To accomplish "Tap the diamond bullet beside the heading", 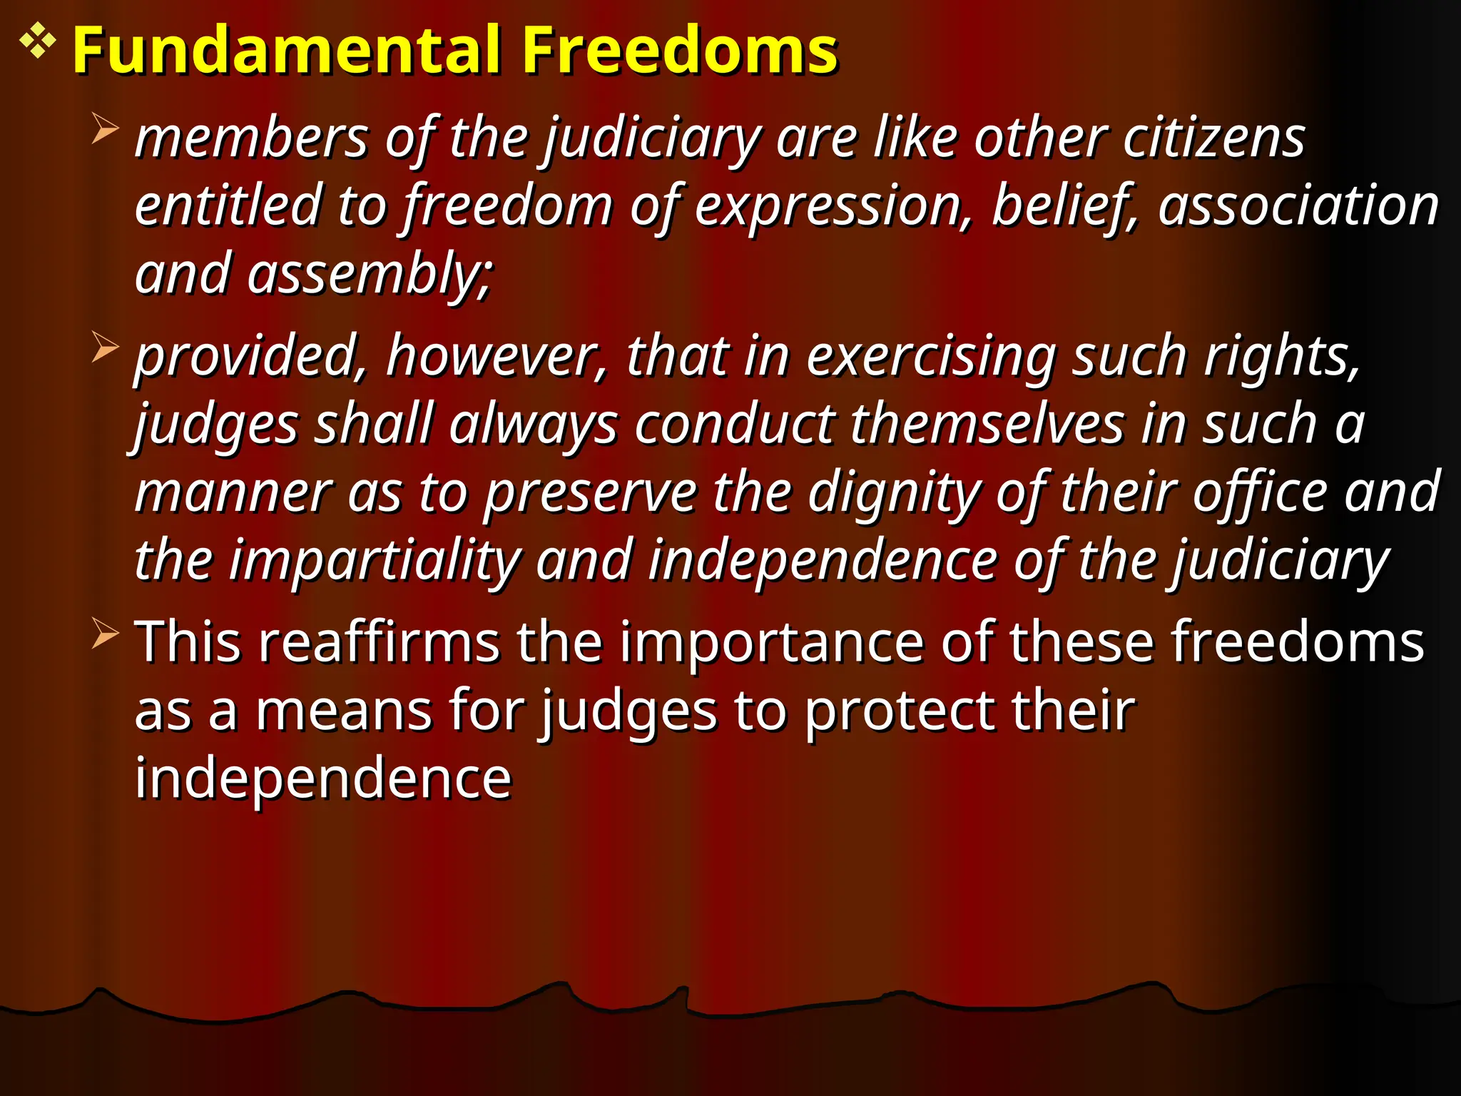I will [x=37, y=42].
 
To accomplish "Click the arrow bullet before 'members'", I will [x=105, y=130].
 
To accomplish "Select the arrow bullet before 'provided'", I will [x=105, y=348].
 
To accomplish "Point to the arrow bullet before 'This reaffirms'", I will [x=105, y=634].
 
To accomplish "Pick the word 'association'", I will [x=1298, y=205].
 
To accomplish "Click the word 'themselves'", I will [x=987, y=424].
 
